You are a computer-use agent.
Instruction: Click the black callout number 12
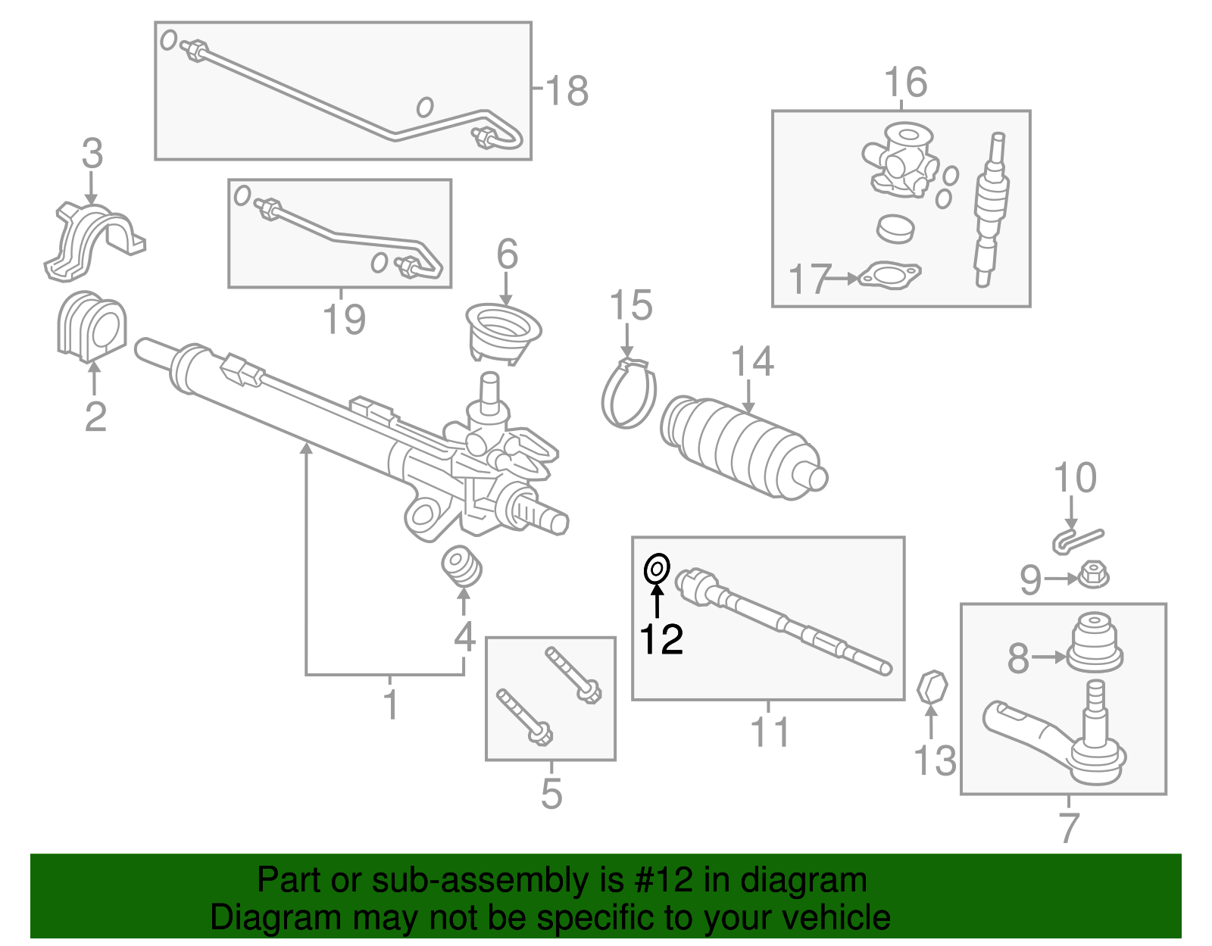click(661, 639)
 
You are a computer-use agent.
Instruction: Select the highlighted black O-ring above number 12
click(656, 568)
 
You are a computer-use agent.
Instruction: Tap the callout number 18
click(566, 91)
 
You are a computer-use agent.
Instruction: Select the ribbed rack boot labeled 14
click(742, 447)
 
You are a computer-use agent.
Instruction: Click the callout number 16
click(905, 82)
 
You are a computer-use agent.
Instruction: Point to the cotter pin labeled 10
click(1077, 539)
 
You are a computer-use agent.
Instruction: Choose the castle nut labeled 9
click(1092, 575)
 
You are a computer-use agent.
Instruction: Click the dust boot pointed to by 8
click(1095, 643)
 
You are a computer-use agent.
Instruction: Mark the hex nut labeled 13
click(932, 688)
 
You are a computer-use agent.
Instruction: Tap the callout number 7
click(1068, 827)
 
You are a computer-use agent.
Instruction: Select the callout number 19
click(344, 319)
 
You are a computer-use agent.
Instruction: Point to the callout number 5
click(551, 793)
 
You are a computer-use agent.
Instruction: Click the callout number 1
click(390, 704)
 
